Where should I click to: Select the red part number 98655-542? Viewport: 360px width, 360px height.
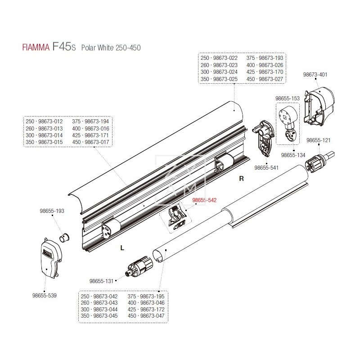click(x=205, y=201)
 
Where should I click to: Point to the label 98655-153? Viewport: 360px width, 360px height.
click(x=287, y=97)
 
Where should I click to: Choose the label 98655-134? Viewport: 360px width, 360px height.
click(x=293, y=155)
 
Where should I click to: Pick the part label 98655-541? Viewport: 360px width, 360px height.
click(x=267, y=167)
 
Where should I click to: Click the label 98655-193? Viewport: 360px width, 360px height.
click(x=53, y=211)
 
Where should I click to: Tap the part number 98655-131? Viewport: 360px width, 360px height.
click(x=102, y=281)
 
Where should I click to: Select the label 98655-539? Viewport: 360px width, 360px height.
click(x=45, y=295)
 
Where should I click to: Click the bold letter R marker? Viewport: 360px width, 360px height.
click(x=241, y=179)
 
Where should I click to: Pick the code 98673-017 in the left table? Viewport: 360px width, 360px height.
click(x=98, y=142)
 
